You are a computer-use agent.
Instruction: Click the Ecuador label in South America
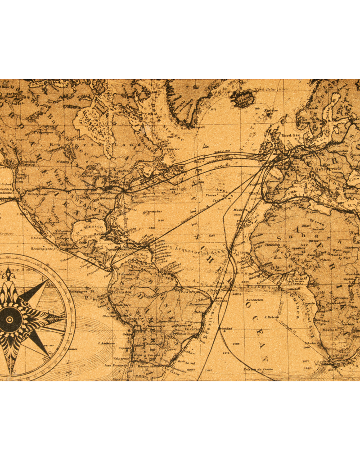pyautogui.click(x=123, y=292)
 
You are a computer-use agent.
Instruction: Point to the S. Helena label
pyautogui.click(x=272, y=317)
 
